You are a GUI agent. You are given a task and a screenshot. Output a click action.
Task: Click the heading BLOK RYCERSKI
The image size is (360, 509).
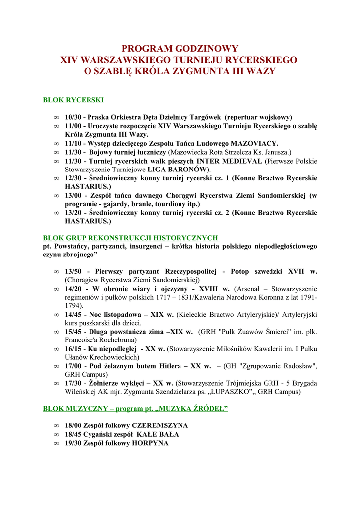(x=74, y=100)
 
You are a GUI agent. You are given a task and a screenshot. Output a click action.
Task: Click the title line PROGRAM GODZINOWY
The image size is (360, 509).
(x=180, y=49)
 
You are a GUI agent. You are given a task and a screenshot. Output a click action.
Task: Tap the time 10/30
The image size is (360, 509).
(x=74, y=117)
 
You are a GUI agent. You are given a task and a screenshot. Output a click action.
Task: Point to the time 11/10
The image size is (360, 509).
(x=74, y=143)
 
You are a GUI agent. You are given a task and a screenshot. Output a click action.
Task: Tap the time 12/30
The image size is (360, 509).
(x=74, y=178)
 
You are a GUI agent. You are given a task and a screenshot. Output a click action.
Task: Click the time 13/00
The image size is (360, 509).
(x=74, y=195)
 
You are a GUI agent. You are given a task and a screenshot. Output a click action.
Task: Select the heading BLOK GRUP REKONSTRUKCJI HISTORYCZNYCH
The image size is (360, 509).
(x=131, y=238)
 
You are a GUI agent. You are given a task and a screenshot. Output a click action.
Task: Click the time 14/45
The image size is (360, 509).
(x=74, y=315)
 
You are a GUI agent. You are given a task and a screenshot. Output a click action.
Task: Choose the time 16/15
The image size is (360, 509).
(x=74, y=349)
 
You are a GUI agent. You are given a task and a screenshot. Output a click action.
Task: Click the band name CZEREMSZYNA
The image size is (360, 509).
(x=160, y=425)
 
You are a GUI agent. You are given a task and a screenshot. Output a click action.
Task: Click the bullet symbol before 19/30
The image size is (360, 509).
(x=56, y=443)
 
